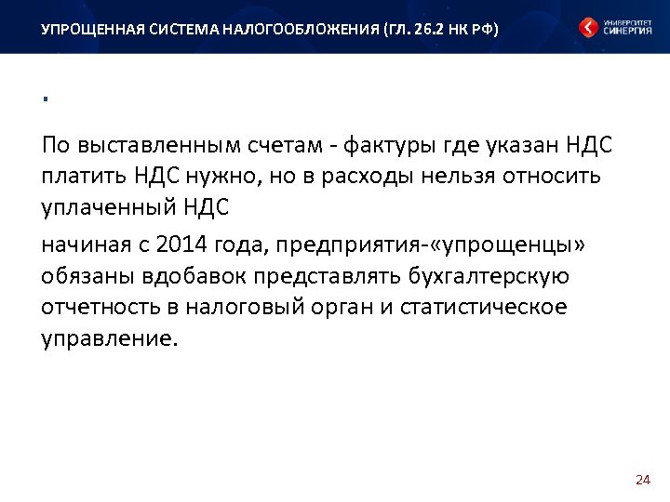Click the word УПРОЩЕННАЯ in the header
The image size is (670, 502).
click(x=85, y=29)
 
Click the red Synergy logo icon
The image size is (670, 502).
click(x=588, y=27)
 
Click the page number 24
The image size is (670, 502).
click(x=641, y=480)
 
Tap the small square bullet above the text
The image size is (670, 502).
click(x=44, y=99)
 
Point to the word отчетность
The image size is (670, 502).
click(x=96, y=307)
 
